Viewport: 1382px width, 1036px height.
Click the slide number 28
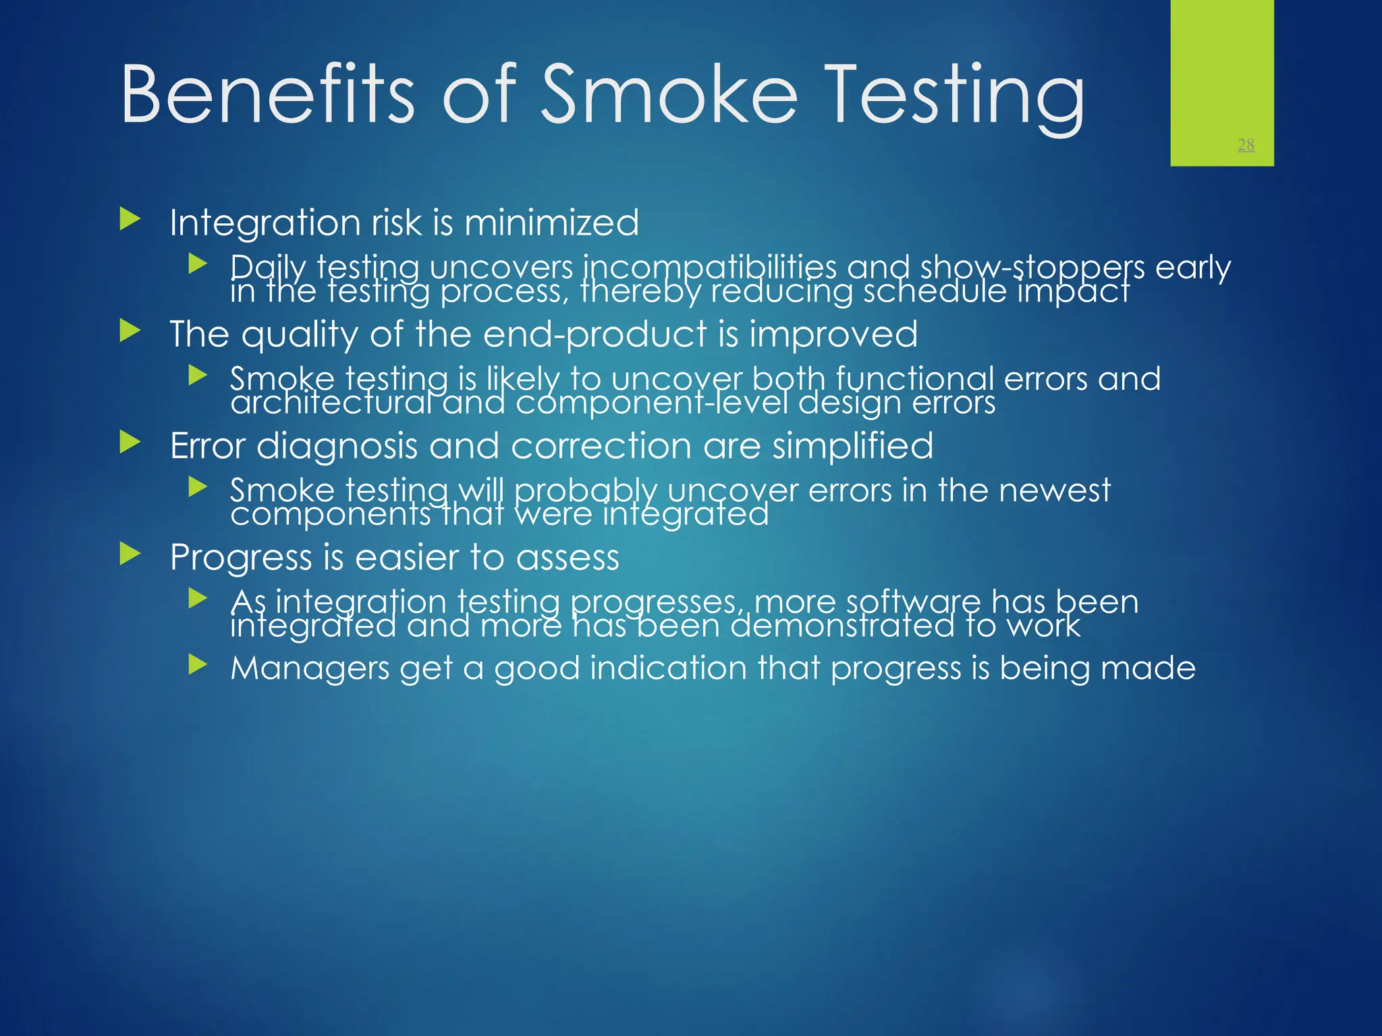click(x=1246, y=144)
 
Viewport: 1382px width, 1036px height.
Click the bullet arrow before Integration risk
click(x=130, y=219)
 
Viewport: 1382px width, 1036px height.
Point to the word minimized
click(x=551, y=223)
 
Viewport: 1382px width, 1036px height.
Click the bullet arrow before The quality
click(x=130, y=330)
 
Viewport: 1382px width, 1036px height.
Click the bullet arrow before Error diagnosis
click(x=130, y=442)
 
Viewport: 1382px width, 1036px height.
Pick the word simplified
click(x=853, y=446)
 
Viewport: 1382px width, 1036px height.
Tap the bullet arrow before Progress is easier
click(x=130, y=554)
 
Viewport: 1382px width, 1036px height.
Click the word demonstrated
click(x=841, y=626)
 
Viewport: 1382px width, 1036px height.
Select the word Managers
click(x=309, y=668)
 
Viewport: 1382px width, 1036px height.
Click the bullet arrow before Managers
click(x=198, y=665)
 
